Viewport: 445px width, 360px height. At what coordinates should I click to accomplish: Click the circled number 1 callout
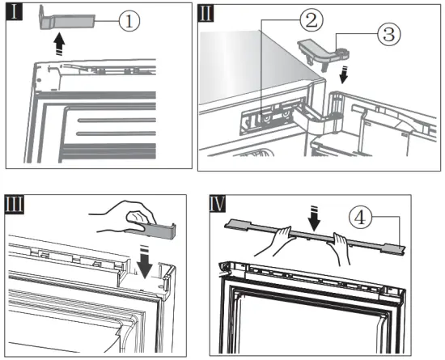coord(129,21)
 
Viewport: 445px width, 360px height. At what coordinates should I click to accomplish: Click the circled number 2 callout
coord(311,20)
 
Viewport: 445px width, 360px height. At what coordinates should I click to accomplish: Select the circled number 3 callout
coord(389,34)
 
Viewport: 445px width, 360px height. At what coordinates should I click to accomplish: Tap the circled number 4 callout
coord(360,218)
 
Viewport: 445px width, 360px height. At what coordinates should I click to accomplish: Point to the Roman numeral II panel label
coord(206,13)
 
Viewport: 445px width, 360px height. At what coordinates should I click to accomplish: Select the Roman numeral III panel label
coord(15,204)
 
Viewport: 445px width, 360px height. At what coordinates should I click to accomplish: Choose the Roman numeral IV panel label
coord(218,204)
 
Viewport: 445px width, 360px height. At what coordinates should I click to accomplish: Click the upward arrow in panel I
coord(59,44)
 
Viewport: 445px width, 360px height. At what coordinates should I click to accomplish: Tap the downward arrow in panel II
coord(344,74)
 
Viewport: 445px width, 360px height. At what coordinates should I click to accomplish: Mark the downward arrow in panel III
coord(145,261)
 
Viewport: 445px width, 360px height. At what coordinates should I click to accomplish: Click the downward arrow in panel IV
coord(315,218)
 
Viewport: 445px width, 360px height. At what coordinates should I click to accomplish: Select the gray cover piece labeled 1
coord(66,20)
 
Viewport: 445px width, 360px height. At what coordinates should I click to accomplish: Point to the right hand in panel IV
coord(341,248)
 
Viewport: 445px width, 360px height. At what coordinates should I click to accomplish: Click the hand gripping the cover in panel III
coord(130,217)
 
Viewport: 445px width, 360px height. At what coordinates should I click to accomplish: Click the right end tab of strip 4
coord(395,249)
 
